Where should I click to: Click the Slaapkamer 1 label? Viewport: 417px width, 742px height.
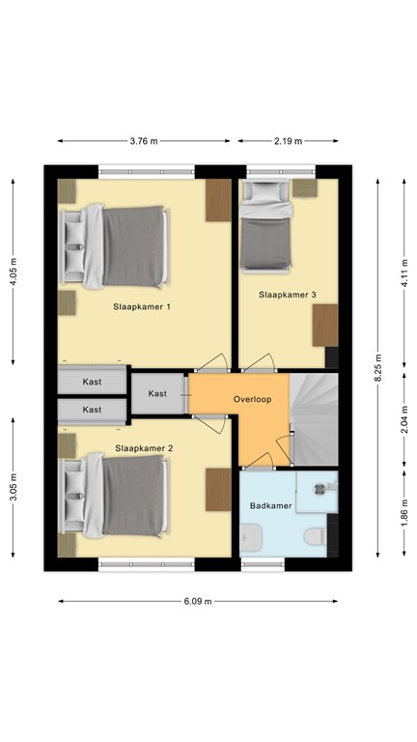click(142, 306)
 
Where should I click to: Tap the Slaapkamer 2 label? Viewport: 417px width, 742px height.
click(144, 447)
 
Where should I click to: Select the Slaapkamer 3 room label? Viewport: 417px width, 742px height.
click(288, 295)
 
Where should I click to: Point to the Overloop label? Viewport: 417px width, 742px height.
click(253, 399)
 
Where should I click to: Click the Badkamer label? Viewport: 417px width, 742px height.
click(271, 506)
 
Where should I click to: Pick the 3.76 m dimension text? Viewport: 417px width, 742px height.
click(144, 141)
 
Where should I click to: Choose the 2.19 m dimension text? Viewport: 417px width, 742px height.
click(288, 141)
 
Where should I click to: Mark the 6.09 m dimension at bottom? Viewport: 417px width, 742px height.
click(198, 602)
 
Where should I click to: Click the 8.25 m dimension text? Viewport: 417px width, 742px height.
click(377, 367)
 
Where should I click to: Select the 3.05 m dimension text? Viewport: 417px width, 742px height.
click(13, 487)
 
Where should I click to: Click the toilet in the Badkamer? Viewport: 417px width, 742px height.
click(315, 536)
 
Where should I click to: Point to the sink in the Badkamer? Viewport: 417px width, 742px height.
click(250, 538)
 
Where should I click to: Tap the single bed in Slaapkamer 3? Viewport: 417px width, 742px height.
click(265, 227)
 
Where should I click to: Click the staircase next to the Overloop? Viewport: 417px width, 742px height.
click(314, 419)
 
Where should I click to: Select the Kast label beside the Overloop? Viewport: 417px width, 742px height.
click(157, 393)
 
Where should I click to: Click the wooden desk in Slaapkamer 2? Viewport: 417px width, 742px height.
click(218, 490)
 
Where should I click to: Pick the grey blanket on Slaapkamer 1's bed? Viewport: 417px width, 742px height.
click(133, 246)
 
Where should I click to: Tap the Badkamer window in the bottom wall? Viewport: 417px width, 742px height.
click(263, 564)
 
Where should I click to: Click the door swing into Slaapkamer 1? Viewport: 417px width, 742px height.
click(212, 362)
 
